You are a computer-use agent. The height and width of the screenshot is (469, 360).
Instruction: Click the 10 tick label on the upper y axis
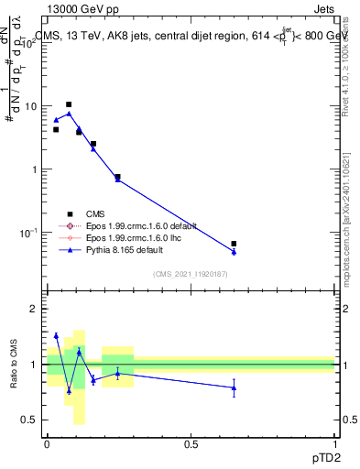click(30, 106)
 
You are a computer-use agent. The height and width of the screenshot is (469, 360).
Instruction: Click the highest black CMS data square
click(69, 104)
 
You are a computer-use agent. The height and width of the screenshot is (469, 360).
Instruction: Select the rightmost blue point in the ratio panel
click(234, 387)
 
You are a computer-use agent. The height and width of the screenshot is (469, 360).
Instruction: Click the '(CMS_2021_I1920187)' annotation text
click(190, 274)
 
